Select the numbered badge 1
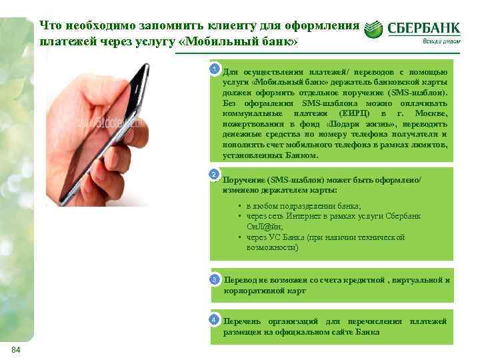point(214,69)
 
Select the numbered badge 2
point(213,175)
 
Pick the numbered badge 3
point(214,279)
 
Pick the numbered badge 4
point(213,320)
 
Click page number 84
point(17,351)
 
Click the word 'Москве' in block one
point(433,114)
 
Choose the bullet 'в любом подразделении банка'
point(303,206)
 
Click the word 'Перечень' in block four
point(244,321)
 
